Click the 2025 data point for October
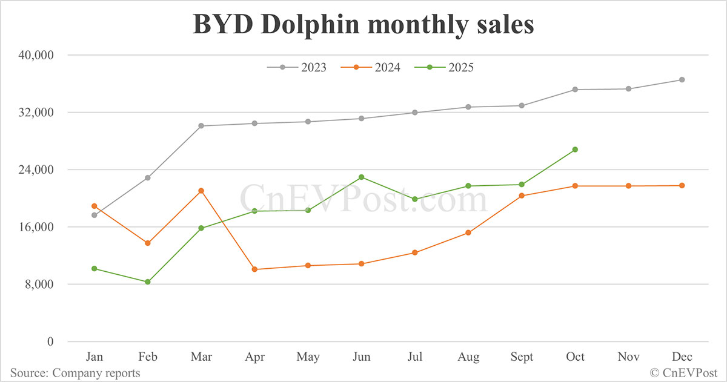pos(575,150)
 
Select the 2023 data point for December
pos(682,80)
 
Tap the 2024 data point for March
pos(201,191)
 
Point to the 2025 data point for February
pos(148,282)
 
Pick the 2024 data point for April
pos(254,269)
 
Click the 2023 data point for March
pos(201,126)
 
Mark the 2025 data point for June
pos(361,177)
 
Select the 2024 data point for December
pos(682,185)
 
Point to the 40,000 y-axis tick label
pos(37,55)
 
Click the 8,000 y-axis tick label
pos(40,285)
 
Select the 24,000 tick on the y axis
pos(37,170)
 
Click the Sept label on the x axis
pos(522,357)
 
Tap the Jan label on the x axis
pos(94,357)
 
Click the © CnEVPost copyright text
pos(683,373)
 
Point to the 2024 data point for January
pos(94,206)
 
